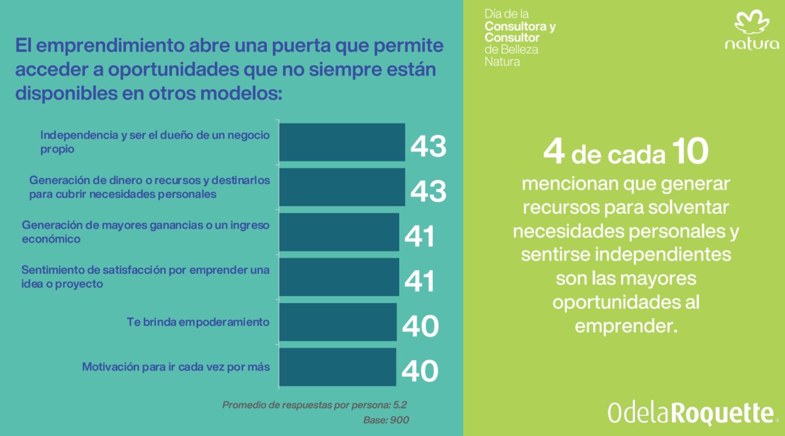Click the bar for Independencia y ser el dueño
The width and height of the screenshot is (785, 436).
(342, 142)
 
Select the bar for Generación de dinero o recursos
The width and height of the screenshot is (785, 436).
(342, 187)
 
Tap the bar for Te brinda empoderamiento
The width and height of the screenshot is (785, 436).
(338, 322)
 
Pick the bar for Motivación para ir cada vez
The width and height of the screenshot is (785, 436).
(337, 367)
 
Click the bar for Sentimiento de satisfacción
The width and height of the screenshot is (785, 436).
(339, 277)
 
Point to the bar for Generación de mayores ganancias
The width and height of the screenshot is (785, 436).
(339, 232)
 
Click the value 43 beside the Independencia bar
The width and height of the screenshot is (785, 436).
(428, 146)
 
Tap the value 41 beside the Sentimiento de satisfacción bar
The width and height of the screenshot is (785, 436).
(420, 281)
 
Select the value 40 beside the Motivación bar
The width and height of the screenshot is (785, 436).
(420, 371)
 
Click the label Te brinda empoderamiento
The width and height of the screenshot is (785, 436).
(198, 322)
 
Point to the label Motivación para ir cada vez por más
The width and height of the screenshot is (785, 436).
(176, 367)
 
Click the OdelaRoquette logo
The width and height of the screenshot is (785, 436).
(690, 413)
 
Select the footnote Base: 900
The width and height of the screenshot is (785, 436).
(386, 420)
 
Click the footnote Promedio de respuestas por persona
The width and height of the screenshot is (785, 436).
(314, 405)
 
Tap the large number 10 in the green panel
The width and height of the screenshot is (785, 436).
(690, 151)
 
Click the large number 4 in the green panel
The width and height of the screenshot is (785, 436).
(554, 152)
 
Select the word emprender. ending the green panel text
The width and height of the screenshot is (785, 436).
(626, 326)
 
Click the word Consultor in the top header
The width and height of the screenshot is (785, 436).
(512, 38)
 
